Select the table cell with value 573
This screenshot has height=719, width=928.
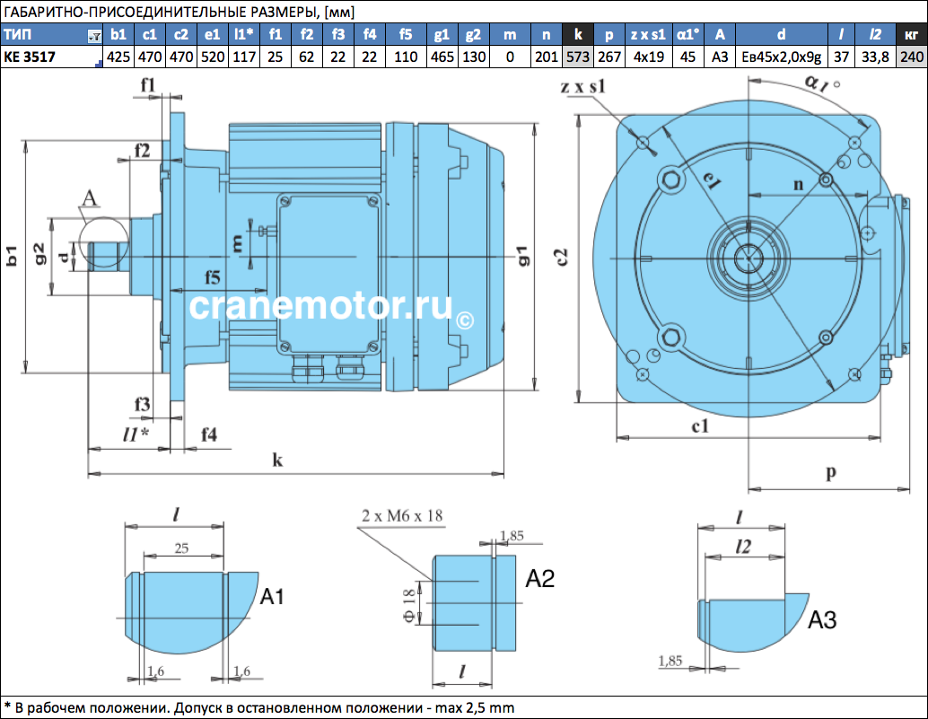[578, 57]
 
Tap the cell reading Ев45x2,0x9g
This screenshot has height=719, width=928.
[781, 57]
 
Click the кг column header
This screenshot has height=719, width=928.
[912, 35]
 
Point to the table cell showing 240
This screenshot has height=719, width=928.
[912, 57]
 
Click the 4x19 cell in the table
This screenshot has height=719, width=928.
[649, 57]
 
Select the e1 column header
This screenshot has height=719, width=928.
[213, 35]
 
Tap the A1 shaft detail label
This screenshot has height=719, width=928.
[272, 597]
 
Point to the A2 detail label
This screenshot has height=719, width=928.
[540, 579]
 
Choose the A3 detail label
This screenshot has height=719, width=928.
[822, 620]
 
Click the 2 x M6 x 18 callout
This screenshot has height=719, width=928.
[402, 516]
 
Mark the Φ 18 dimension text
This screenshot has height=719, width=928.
[409, 606]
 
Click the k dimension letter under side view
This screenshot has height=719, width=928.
[277, 460]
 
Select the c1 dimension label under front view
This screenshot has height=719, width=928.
[700, 426]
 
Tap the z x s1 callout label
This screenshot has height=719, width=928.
[583, 87]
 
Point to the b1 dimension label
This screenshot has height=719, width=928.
[11, 256]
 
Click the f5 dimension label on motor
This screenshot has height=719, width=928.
[213, 276]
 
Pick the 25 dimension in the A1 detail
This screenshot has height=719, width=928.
[181, 548]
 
